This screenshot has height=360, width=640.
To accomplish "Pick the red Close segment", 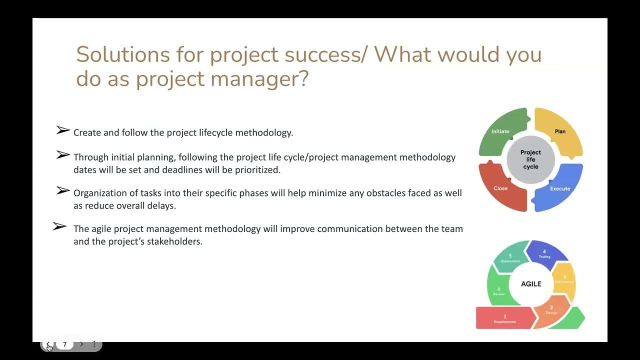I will pos(500,188).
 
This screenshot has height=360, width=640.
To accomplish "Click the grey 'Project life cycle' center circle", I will pos(530,159).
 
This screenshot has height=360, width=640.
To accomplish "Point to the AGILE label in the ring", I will pos(531,284).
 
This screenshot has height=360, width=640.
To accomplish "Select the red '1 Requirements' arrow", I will pos(504,318).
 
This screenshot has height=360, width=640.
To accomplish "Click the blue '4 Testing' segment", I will pos(544,253).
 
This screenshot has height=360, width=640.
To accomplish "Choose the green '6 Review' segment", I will pos(498,291).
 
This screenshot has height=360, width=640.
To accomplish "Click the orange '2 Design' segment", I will pos(551,309).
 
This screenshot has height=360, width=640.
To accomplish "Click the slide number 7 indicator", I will pos(64,344).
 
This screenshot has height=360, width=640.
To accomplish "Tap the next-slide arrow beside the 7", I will pos(81,344).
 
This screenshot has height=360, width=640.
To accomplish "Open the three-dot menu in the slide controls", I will pos(94,344).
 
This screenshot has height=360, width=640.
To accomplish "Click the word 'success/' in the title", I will pos(325,54).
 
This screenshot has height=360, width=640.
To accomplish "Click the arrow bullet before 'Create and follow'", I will pos(63,130).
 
